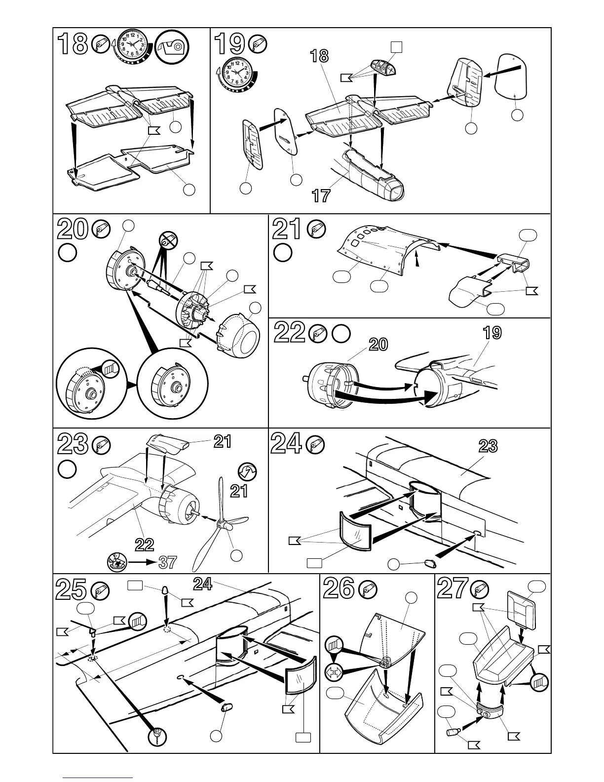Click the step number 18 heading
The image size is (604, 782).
pyautogui.click(x=72, y=44)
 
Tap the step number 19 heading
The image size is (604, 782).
pyautogui.click(x=230, y=44)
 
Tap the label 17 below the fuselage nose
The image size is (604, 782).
pyautogui.click(x=321, y=196)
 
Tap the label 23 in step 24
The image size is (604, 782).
pyautogui.click(x=488, y=447)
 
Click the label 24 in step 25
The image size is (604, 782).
pyautogui.click(x=202, y=584)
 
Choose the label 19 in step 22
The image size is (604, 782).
pyautogui.click(x=492, y=332)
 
